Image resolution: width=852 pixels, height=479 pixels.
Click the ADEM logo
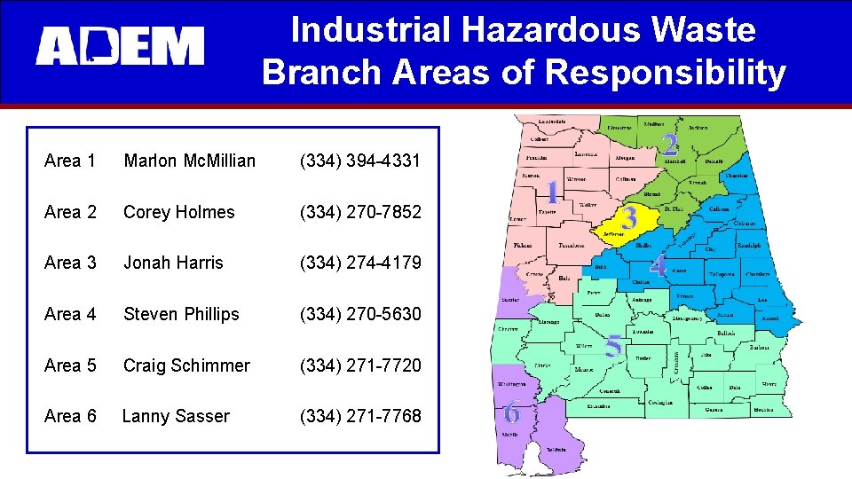click(x=120, y=46)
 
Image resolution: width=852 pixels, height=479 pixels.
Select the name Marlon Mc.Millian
click(x=189, y=161)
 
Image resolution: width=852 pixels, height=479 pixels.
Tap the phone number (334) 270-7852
click(x=360, y=212)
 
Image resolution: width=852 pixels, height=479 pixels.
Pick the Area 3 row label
click(x=70, y=263)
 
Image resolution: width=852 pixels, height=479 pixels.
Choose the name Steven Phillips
click(x=181, y=314)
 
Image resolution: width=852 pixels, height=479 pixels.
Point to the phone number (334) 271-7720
click(x=360, y=365)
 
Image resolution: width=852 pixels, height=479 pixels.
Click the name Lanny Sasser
click(x=176, y=416)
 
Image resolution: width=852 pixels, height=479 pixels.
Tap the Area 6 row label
click(x=70, y=416)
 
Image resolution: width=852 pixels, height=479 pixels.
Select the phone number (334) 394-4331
click(x=360, y=161)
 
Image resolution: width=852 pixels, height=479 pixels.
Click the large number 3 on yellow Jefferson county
click(x=629, y=216)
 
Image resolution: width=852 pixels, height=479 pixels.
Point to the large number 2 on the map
click(x=671, y=144)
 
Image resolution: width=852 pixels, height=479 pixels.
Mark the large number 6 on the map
click(x=512, y=412)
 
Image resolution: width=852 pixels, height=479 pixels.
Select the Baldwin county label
click(x=556, y=450)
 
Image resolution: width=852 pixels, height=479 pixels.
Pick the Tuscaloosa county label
click(x=572, y=246)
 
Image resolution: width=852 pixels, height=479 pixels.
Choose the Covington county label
click(x=659, y=402)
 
